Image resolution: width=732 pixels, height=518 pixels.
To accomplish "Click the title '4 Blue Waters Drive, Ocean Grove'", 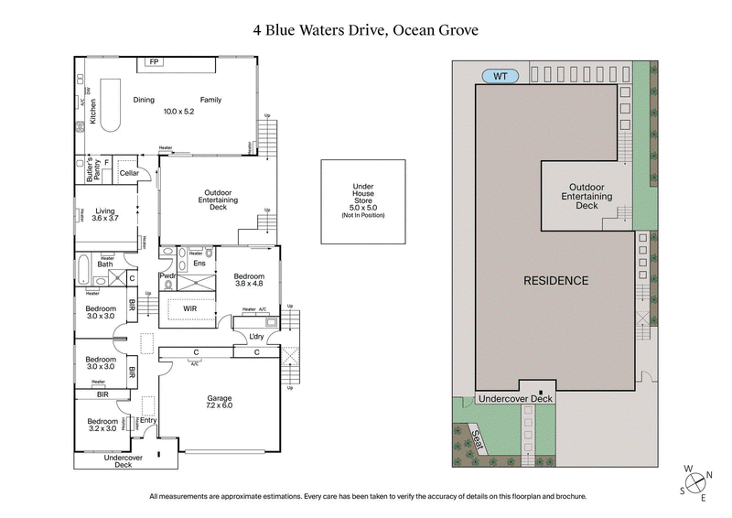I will (366, 29).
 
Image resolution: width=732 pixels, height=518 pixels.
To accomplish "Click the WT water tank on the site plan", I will (501, 75).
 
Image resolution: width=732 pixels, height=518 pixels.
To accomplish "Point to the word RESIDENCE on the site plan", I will (555, 280).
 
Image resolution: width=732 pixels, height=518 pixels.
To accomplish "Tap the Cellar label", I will (128, 172).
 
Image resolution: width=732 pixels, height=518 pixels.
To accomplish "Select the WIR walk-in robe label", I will (191, 310).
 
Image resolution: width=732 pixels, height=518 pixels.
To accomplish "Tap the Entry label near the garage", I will (148, 420).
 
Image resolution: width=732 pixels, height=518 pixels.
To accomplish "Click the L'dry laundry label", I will (258, 337).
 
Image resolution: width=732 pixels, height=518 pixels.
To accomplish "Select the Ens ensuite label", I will (199, 264).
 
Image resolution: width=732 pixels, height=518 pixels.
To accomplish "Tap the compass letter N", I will (710, 476).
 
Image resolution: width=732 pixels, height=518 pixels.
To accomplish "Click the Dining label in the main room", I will (144, 100).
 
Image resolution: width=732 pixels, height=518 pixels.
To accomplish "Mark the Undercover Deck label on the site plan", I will (515, 399).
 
